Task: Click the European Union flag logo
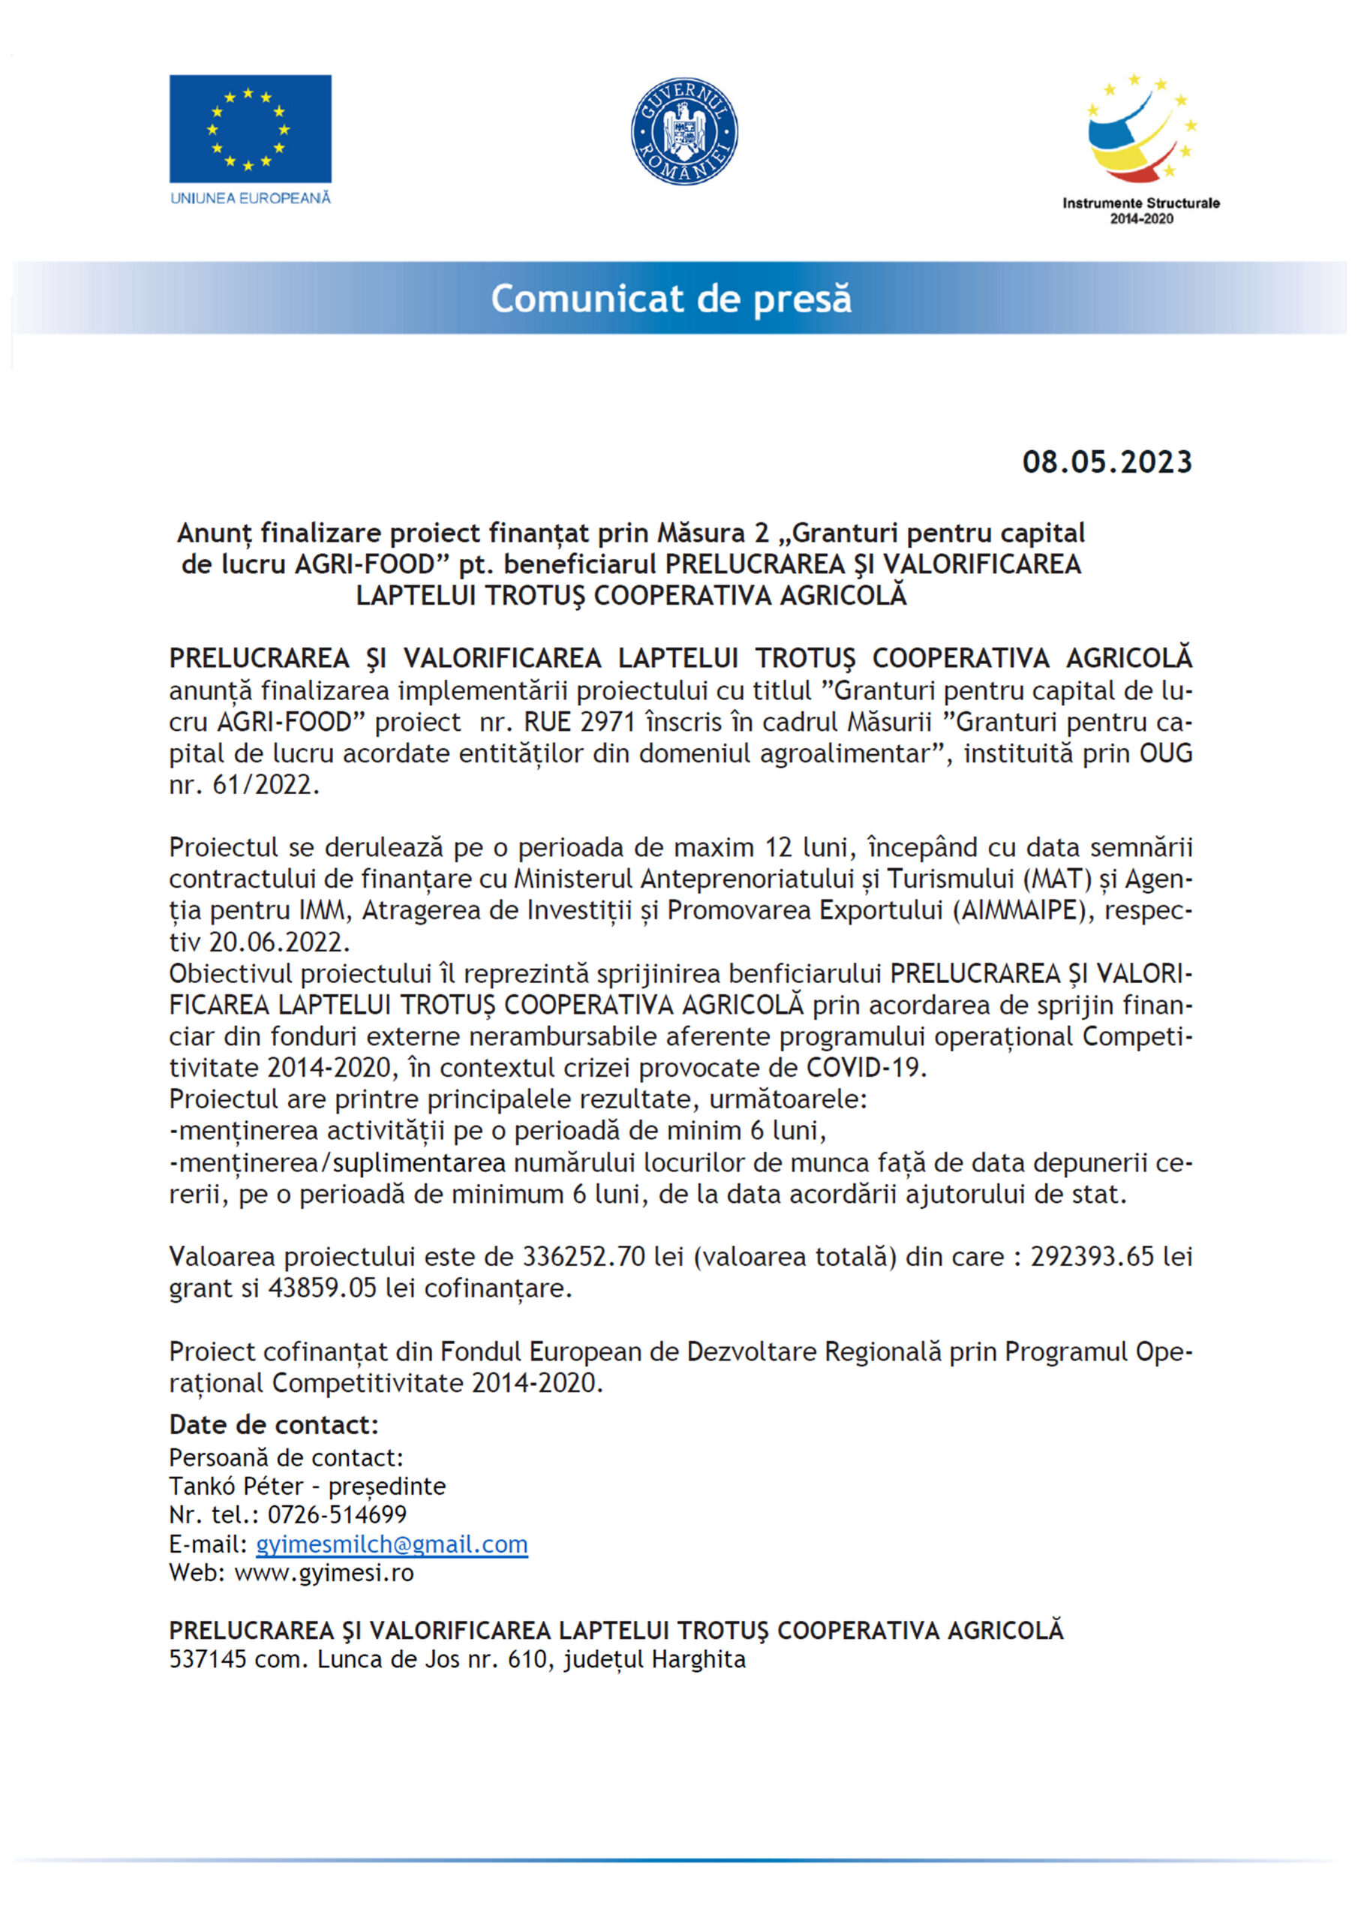coord(250,129)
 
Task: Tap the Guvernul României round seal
coord(684,131)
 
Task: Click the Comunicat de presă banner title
coord(671,299)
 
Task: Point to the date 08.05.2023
coord(1107,461)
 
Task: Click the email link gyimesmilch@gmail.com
coord(392,1544)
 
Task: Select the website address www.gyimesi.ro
coord(324,1573)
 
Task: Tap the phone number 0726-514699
coord(337,1514)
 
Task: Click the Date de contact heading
coord(274,1425)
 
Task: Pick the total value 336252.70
coord(584,1256)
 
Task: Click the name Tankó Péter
coord(236,1486)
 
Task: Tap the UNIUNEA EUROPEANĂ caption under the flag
coord(250,198)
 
